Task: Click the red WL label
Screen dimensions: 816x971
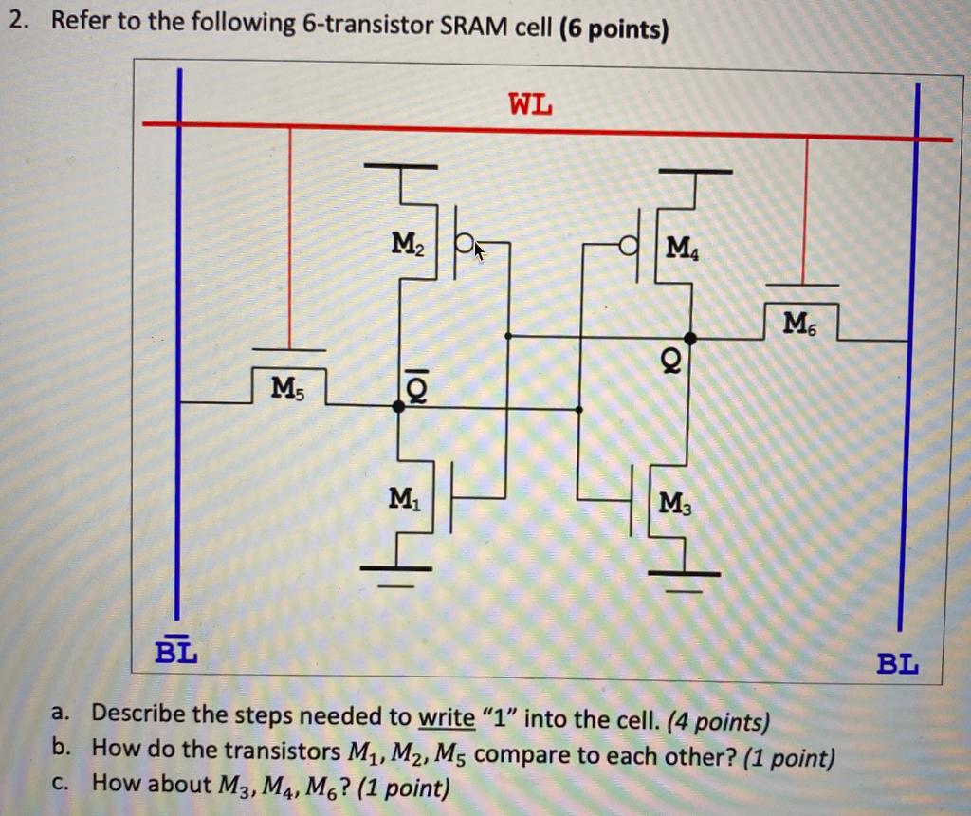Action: [x=530, y=102]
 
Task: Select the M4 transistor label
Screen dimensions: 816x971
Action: [x=681, y=250]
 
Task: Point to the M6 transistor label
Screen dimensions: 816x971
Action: [x=797, y=323]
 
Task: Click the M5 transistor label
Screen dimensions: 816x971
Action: [x=287, y=386]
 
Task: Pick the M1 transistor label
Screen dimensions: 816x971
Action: [x=402, y=496]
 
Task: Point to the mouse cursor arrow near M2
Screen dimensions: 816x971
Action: [x=479, y=251]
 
